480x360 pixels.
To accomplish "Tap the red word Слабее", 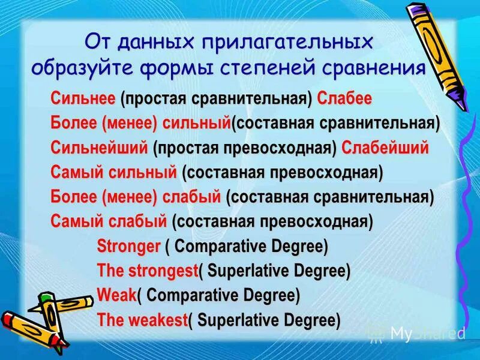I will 344,99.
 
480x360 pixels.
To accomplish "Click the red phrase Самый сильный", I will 114,173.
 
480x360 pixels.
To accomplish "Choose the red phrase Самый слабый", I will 108,222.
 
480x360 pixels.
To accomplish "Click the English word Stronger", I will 128,247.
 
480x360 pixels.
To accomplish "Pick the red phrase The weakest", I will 142,320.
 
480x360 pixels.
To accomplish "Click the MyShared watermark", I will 427,333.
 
